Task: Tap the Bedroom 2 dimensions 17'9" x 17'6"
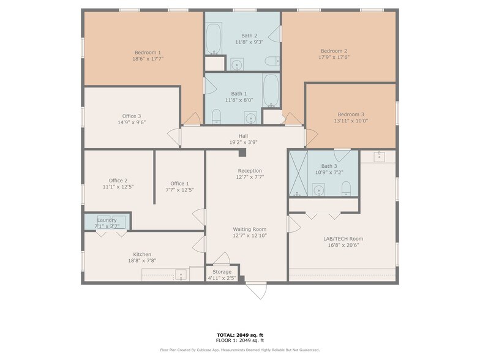click(x=334, y=58)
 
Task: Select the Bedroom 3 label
click(x=351, y=114)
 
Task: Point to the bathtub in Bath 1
click(x=271, y=90)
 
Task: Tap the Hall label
click(x=243, y=136)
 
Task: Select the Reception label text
click(x=250, y=171)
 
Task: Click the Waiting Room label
click(x=249, y=229)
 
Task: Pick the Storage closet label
click(x=222, y=272)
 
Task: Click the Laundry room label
click(x=106, y=220)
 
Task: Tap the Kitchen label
click(x=142, y=255)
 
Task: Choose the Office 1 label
click(x=179, y=183)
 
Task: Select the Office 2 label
click(x=118, y=181)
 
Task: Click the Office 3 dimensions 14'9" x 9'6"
click(x=132, y=122)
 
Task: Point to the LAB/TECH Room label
click(x=343, y=239)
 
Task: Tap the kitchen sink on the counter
click(x=181, y=275)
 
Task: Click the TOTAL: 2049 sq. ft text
click(x=239, y=335)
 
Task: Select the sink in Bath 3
click(x=318, y=190)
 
